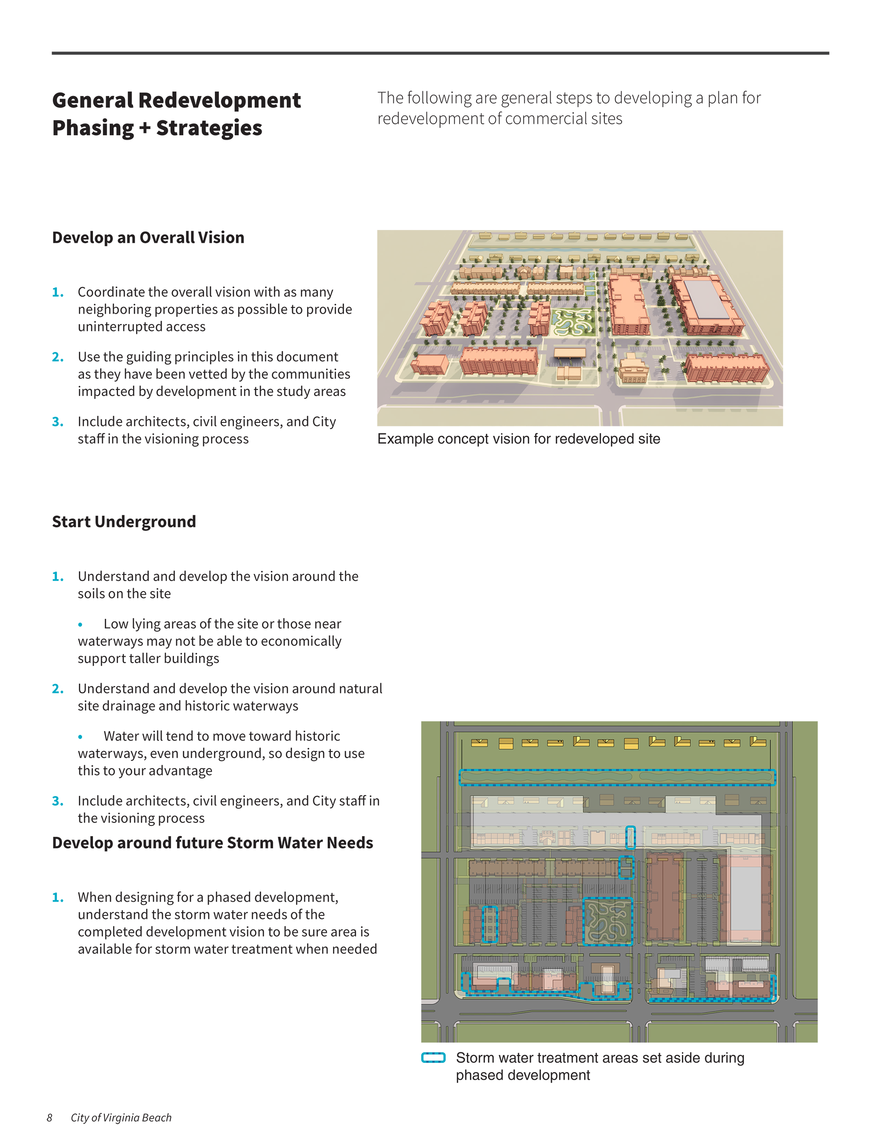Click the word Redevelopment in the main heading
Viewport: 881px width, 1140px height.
point(219,100)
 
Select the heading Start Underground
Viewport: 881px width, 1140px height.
point(124,522)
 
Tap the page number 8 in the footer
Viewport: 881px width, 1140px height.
point(50,1117)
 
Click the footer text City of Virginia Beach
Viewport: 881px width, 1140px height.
point(121,1117)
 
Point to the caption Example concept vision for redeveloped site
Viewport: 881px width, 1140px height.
point(519,439)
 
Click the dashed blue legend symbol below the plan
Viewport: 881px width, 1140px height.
point(433,1058)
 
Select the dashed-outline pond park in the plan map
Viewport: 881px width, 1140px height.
point(607,921)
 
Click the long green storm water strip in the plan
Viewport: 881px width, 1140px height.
point(617,777)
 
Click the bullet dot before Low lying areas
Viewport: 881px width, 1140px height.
point(80,624)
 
